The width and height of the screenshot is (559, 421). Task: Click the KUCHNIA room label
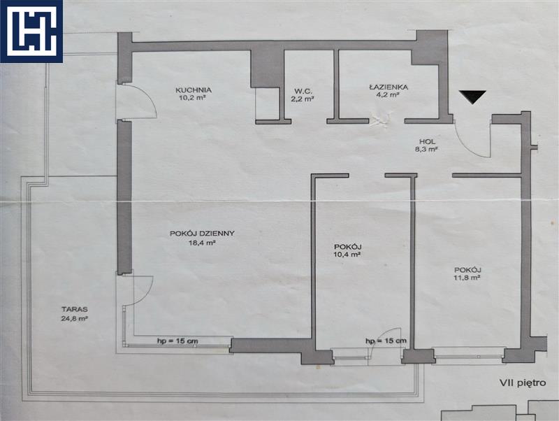click(194, 90)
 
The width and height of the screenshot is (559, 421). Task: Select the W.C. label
click(302, 92)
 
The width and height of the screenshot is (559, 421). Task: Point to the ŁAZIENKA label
click(389, 87)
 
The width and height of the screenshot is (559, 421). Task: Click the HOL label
click(428, 142)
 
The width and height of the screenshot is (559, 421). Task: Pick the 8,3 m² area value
click(427, 150)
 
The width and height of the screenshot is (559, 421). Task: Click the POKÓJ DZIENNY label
click(202, 234)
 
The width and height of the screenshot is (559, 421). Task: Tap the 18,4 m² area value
click(202, 243)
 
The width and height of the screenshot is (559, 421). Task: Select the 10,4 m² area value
click(348, 255)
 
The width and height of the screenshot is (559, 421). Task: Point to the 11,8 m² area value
click(467, 277)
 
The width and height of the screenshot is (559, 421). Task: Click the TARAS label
click(75, 309)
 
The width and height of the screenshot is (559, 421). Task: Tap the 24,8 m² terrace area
click(75, 318)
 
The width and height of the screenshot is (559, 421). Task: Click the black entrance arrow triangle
click(473, 97)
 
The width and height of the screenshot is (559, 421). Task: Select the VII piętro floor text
click(523, 383)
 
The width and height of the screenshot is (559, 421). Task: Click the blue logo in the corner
click(31, 31)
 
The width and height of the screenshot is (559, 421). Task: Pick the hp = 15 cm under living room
click(177, 341)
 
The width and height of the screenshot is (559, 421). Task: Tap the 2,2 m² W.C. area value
click(302, 99)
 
